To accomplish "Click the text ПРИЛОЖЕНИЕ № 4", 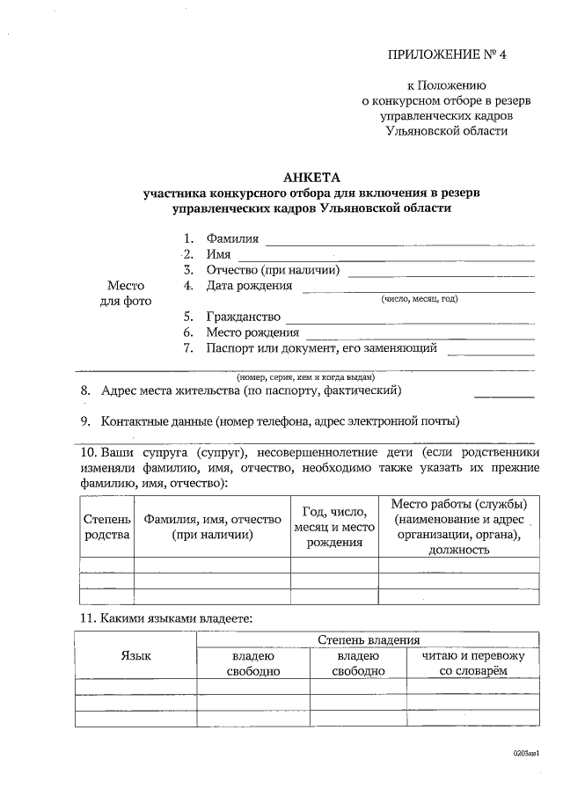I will [448, 55].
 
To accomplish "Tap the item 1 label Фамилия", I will [232, 238].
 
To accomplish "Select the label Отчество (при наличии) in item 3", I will [273, 270].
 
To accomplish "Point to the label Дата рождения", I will [249, 286].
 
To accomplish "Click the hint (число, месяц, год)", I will [419, 299].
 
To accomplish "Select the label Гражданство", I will [243, 317].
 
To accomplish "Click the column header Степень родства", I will [106, 526].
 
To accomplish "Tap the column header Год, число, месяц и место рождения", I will [334, 526].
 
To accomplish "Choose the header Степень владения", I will [368, 639].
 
